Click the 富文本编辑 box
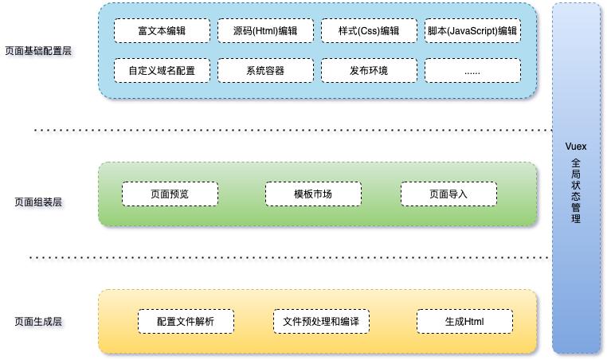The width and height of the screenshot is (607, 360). coord(162,31)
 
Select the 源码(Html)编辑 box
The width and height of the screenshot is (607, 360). coord(265,31)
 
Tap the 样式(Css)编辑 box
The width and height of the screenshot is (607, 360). coord(369,31)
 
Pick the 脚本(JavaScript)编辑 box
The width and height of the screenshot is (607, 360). coord(472,31)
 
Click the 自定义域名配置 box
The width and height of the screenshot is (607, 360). coord(162,71)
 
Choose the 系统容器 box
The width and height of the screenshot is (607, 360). coord(265,71)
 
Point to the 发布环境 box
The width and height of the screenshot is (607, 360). coord(369,71)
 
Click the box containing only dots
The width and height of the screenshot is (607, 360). coord(472,71)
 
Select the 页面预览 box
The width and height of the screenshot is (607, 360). coord(170,194)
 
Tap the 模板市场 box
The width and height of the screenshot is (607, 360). coord(313,194)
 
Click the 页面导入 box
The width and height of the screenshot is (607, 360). coord(448,194)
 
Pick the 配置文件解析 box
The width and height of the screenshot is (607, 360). coord(186,322)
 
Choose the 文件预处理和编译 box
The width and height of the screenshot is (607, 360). coord(321,322)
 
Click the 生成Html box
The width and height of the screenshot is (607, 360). coord(464,322)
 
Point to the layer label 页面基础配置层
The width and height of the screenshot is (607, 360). coord(38,50)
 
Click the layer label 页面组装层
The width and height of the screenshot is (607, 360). coord(38,202)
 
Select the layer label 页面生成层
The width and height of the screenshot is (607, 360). coord(38,322)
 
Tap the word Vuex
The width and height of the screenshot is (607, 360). coord(575,148)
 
